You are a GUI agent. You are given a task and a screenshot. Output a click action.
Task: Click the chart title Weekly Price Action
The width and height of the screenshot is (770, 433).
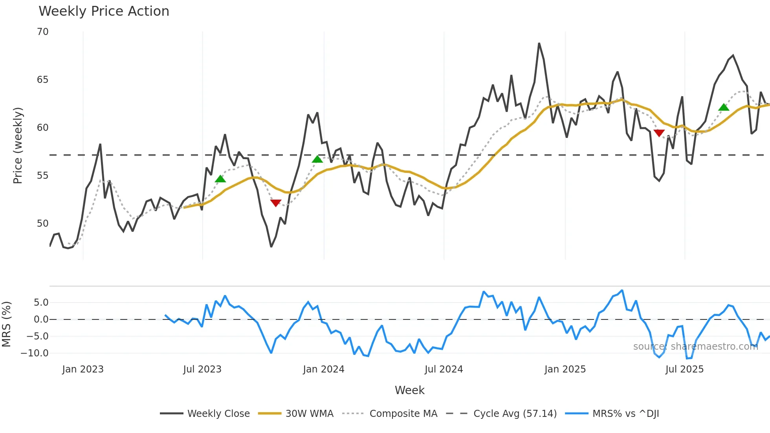pos(104,11)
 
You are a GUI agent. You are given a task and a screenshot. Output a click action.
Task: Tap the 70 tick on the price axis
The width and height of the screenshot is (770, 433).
pos(43,32)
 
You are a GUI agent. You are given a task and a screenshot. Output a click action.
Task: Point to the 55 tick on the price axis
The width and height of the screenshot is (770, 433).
pos(43,176)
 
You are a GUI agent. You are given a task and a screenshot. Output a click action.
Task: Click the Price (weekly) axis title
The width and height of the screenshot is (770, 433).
pos(18,145)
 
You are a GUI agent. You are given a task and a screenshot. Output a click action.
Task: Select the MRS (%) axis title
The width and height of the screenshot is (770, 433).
pos(7,324)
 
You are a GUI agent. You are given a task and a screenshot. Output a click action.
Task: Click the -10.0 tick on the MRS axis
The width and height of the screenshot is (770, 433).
pos(35,353)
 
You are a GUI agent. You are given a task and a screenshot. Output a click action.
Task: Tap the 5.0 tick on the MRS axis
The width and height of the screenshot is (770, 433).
pos(41,303)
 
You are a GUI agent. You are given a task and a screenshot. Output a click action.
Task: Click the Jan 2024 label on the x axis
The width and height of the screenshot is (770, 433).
pos(323,369)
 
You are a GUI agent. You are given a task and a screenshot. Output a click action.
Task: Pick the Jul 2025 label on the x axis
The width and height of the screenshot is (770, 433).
pos(684,369)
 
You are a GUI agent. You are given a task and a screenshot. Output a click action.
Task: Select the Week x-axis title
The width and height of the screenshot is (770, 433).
pos(409,390)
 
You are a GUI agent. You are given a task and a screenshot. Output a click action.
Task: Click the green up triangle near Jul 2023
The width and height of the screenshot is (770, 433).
pos(220,179)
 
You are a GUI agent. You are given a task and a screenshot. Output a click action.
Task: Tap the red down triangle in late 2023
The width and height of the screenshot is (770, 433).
pos(276,203)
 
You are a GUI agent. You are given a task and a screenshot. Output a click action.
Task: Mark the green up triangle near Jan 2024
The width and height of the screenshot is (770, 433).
pos(317,159)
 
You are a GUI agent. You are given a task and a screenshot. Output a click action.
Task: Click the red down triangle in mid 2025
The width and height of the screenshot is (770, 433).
pos(659,133)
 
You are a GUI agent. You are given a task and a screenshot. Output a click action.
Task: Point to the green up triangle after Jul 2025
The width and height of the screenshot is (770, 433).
pos(724,107)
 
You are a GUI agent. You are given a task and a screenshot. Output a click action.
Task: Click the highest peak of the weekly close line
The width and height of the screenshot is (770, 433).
pos(539,44)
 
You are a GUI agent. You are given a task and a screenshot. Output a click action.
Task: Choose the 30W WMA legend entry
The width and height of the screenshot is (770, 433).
pos(295,414)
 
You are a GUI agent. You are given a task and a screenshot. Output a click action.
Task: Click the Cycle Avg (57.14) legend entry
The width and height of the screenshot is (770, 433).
pos(501,414)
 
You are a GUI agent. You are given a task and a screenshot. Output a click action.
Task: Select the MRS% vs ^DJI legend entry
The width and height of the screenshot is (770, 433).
pos(612,414)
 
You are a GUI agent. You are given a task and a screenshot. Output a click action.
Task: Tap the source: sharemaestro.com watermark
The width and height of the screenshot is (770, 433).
pos(695,347)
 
